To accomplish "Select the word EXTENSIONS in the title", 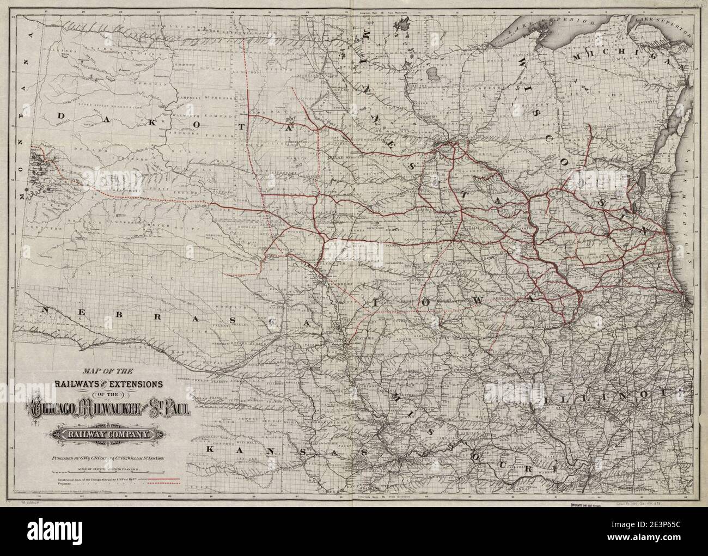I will pyautogui.click(x=131, y=384).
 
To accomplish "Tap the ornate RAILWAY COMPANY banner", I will pyautogui.click(x=107, y=434).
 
